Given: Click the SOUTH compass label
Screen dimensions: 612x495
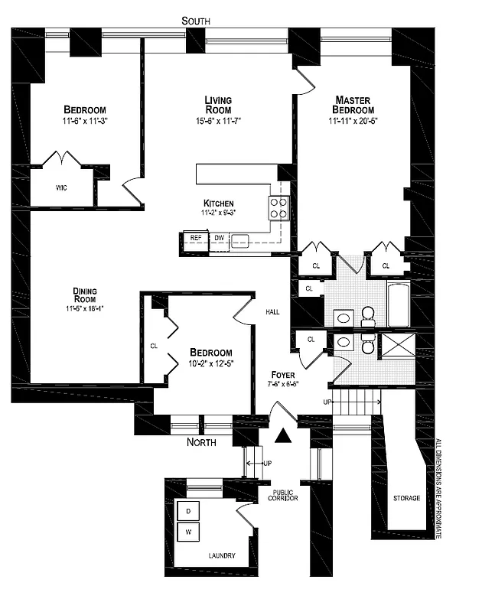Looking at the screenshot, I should tap(195, 21).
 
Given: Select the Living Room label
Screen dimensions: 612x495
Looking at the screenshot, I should tap(218, 105).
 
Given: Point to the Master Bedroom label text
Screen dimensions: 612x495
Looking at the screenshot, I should tap(353, 105).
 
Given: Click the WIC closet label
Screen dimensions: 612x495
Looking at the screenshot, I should tap(61, 187).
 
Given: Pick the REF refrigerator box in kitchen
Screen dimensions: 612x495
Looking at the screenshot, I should tap(196, 239).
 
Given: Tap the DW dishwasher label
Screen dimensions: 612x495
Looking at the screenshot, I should tap(219, 239).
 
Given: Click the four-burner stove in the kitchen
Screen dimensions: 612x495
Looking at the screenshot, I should tap(278, 208).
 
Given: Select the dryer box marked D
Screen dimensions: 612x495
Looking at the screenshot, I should tap(188, 510).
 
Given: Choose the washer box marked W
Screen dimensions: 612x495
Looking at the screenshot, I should tap(188, 531).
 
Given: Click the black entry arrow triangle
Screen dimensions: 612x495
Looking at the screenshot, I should tap(284, 436).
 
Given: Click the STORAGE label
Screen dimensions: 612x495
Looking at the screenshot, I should tap(406, 498).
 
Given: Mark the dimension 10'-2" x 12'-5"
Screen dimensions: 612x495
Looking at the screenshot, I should tap(210, 363).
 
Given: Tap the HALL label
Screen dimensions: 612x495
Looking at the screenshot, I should tap(272, 312).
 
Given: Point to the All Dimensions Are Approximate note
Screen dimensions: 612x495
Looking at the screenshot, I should tap(438, 489).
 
